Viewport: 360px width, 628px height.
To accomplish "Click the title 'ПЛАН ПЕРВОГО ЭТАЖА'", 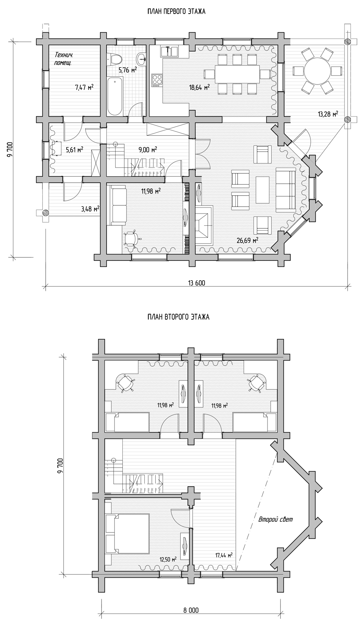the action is (x=176, y=11).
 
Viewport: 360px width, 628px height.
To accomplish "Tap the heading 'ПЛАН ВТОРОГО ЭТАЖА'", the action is (x=178, y=317).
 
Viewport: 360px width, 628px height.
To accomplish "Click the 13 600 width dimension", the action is (x=196, y=283).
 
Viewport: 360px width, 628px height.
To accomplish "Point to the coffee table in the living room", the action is (x=263, y=190).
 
